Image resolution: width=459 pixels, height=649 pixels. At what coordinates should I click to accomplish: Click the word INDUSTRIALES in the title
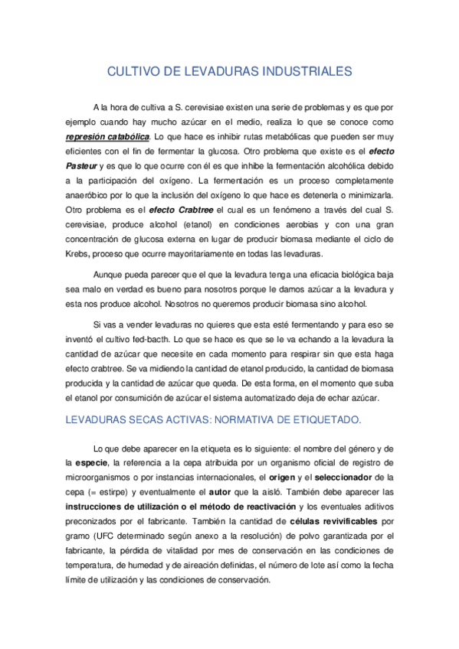[x=307, y=72]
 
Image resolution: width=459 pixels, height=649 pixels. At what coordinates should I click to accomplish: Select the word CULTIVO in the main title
[x=133, y=72]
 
